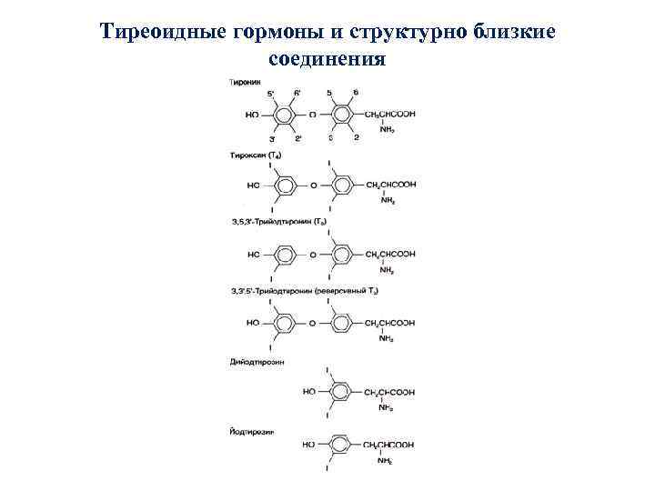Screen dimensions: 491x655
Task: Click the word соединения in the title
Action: point(327,60)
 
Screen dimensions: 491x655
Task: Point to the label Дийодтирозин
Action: point(256,362)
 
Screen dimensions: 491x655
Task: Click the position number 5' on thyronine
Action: point(270,94)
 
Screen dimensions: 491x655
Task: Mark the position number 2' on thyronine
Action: point(298,137)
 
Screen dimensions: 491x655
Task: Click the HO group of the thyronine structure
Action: point(252,115)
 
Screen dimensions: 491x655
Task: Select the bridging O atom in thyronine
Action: point(313,115)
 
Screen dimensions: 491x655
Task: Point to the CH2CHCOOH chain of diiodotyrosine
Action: point(389,392)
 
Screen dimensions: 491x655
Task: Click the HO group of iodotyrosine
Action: point(308,445)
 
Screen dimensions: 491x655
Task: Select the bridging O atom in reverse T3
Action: point(313,323)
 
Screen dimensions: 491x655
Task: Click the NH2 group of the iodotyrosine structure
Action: point(387,461)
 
